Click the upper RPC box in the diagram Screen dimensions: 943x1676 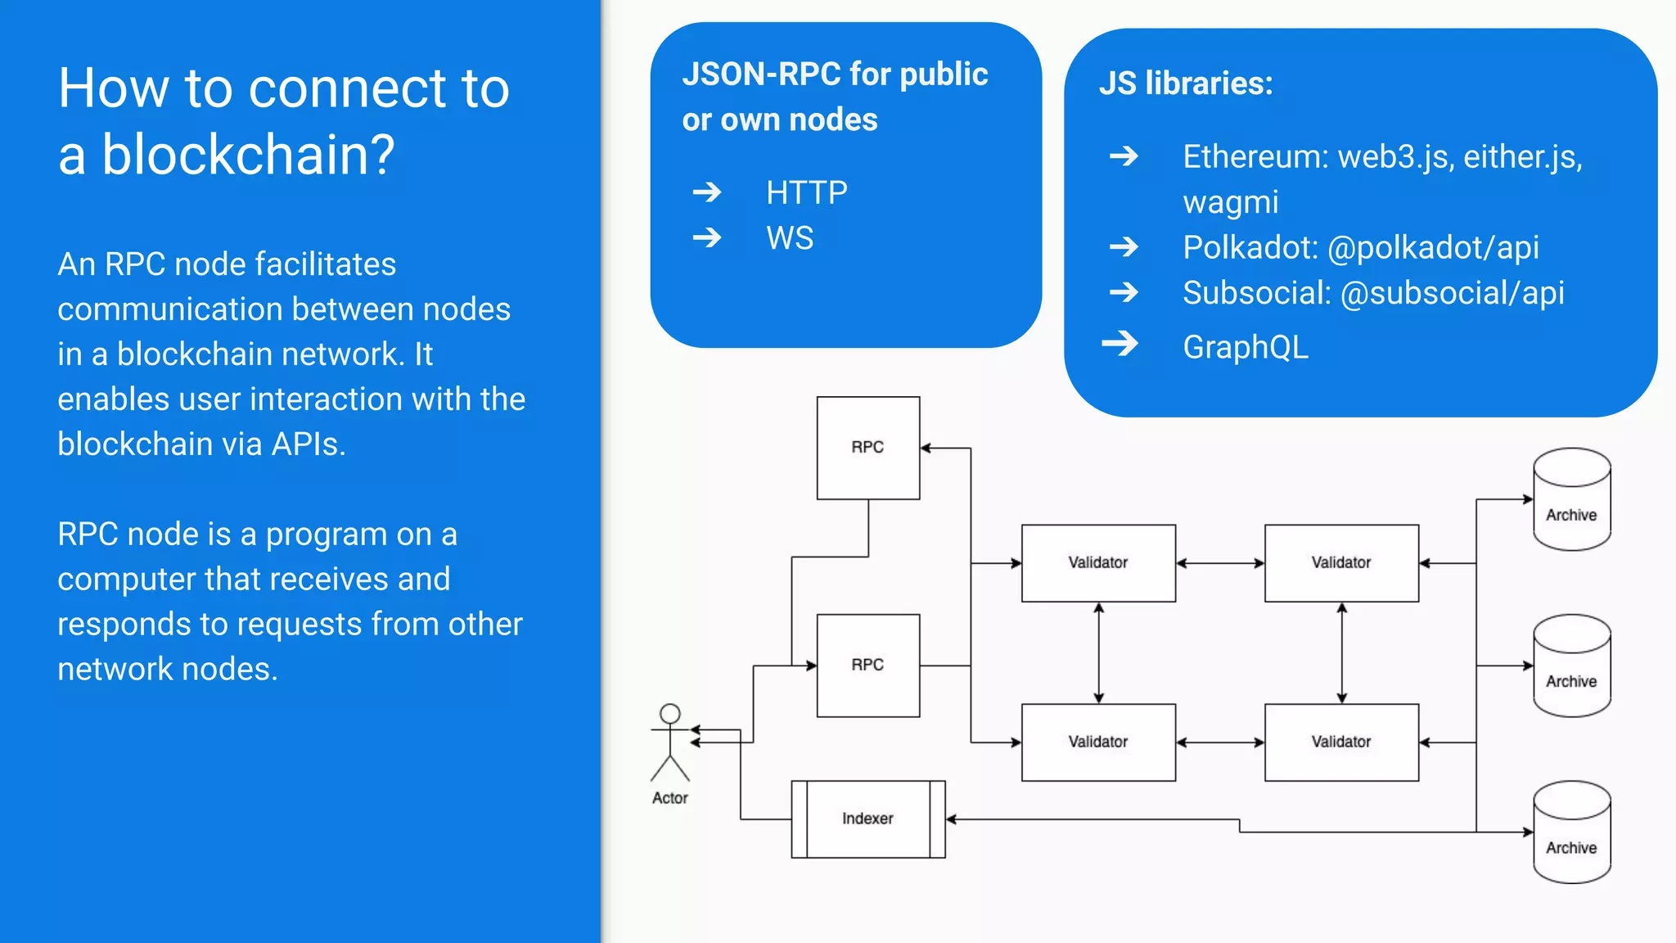[867, 448]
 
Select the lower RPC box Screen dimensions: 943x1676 [867, 665]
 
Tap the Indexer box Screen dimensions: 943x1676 [867, 819]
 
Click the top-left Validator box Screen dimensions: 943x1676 [1097, 562]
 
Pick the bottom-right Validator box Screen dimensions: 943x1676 [1340, 742]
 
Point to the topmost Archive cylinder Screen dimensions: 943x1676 [1571, 499]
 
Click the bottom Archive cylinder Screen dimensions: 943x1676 [1571, 832]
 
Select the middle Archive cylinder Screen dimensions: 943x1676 [1571, 666]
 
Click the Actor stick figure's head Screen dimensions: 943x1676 [670, 714]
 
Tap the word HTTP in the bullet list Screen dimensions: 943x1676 [806, 193]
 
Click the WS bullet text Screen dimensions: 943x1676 [790, 238]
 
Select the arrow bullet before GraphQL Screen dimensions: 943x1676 [1120, 344]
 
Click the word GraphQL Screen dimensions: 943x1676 [1245, 347]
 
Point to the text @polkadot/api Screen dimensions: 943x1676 [1433, 247]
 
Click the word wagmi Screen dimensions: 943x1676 [1230, 202]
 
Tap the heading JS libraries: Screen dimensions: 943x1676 [1185, 83]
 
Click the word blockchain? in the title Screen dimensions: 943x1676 [248, 155]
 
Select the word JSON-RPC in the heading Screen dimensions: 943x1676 [761, 74]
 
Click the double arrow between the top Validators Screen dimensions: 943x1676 [1219, 563]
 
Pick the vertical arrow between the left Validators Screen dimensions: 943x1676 [1098, 652]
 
